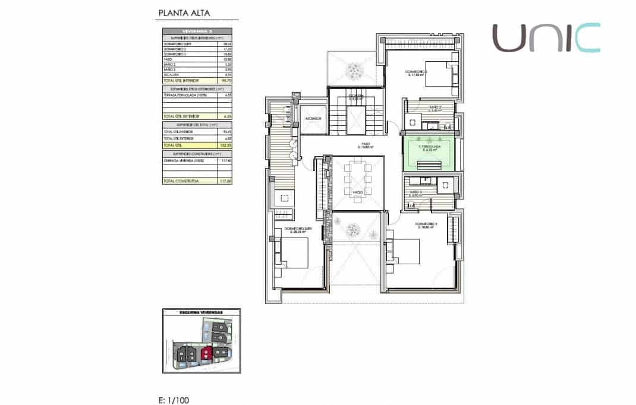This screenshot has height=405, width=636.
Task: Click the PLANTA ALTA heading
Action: click(x=184, y=12)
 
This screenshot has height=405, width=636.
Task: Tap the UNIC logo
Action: click(x=546, y=37)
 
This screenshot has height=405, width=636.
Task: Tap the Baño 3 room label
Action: click(x=416, y=193)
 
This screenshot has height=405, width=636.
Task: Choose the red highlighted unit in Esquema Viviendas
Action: click(x=206, y=353)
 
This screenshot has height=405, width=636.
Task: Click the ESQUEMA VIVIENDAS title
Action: click(x=201, y=312)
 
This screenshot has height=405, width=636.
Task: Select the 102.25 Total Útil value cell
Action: click(x=226, y=144)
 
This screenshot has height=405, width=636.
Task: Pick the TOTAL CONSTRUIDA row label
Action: click(x=181, y=180)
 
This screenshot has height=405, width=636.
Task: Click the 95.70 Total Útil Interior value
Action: click(x=226, y=80)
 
